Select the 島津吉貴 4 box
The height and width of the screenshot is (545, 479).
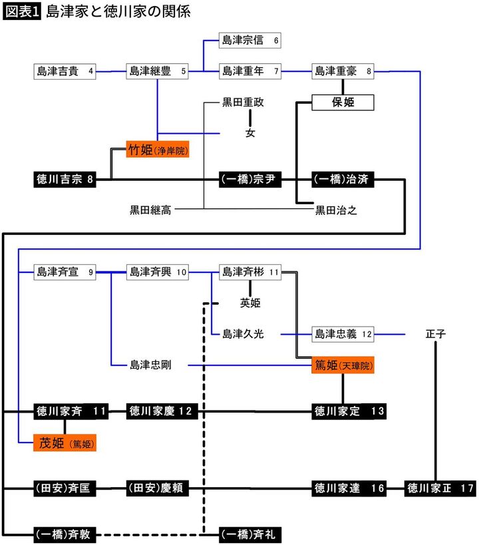[x=65, y=71]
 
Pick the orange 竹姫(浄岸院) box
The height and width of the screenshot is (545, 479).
[x=158, y=149]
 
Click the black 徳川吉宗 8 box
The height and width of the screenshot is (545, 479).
[x=65, y=180]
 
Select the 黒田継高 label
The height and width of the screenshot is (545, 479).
[x=150, y=211]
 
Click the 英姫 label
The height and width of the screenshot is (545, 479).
[x=250, y=303]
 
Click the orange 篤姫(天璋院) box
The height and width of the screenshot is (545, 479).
[x=343, y=365]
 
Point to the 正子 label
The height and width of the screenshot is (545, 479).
[x=436, y=334]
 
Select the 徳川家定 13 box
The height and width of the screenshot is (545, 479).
[x=349, y=411]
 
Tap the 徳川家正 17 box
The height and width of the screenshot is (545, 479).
[x=440, y=489]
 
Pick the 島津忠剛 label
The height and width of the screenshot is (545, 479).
[x=150, y=365]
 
